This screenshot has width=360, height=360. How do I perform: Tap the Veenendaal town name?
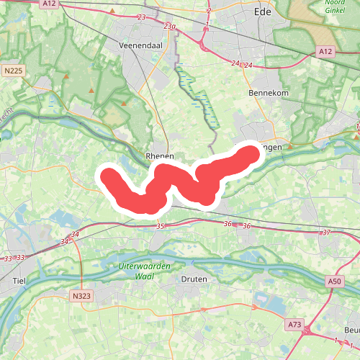141,45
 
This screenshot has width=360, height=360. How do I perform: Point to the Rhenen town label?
160,156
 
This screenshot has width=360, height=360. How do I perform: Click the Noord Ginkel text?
333,7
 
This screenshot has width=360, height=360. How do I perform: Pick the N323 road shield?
81,296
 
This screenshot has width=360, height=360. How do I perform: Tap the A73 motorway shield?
294,325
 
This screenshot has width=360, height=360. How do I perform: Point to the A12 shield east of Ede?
325,52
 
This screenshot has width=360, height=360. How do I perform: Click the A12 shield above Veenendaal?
49,4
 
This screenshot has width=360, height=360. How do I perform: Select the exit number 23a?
169,26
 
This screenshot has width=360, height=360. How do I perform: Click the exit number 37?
326,233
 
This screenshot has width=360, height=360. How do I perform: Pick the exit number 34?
75,235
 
